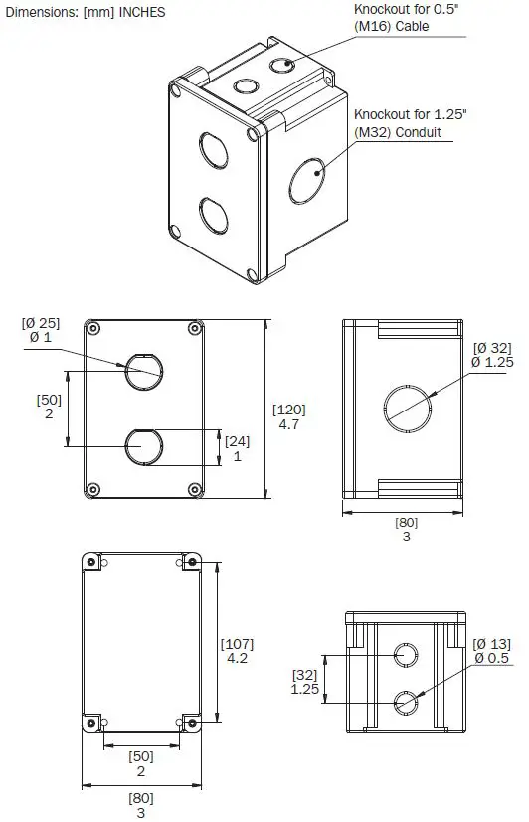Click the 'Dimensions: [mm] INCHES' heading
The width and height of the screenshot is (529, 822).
coord(85,13)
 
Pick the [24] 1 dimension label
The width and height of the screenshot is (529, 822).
coord(237,448)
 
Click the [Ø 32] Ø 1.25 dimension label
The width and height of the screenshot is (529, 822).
coord(492,355)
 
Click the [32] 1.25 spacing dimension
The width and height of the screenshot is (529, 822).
coord(304,681)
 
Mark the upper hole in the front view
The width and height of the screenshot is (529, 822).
coord(141,372)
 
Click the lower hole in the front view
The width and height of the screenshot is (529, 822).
coord(141,446)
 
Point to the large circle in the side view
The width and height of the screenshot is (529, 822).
coord(408,409)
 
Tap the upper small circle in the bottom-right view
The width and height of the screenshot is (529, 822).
coord(407,656)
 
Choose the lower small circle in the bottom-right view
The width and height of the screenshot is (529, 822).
coord(407,702)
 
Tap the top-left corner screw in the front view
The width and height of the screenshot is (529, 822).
coord(93,329)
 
